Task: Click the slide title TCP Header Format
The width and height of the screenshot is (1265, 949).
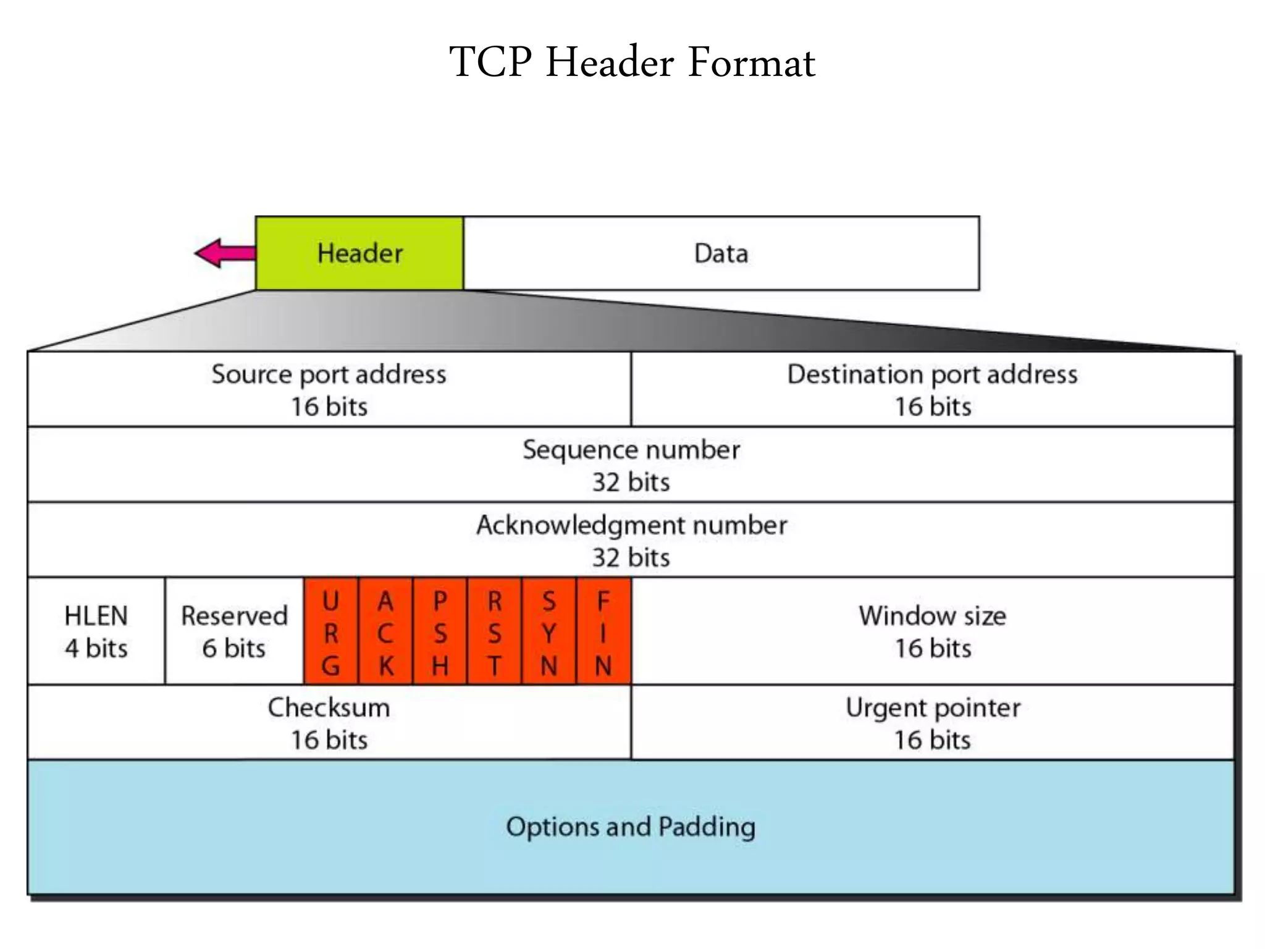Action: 632,62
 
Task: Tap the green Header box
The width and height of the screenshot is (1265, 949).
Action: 359,253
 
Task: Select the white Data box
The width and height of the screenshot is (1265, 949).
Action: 721,253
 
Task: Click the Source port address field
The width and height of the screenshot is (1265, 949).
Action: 329,390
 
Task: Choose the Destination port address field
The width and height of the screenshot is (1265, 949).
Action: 933,390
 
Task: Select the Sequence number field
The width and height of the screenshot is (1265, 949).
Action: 631,465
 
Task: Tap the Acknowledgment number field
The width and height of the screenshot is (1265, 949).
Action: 631,541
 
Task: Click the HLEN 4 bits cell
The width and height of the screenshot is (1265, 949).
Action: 96,631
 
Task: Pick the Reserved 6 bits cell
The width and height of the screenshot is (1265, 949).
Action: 235,631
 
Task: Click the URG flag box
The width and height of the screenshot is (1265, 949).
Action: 331,631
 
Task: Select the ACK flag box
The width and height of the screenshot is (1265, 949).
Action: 385,631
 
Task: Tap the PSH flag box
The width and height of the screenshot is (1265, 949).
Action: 440,631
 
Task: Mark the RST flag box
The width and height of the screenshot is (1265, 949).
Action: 494,631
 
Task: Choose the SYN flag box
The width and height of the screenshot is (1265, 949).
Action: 548,631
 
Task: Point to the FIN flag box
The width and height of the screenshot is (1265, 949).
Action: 603,631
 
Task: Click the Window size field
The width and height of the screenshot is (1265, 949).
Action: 933,631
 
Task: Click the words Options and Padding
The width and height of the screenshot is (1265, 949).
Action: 631,827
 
